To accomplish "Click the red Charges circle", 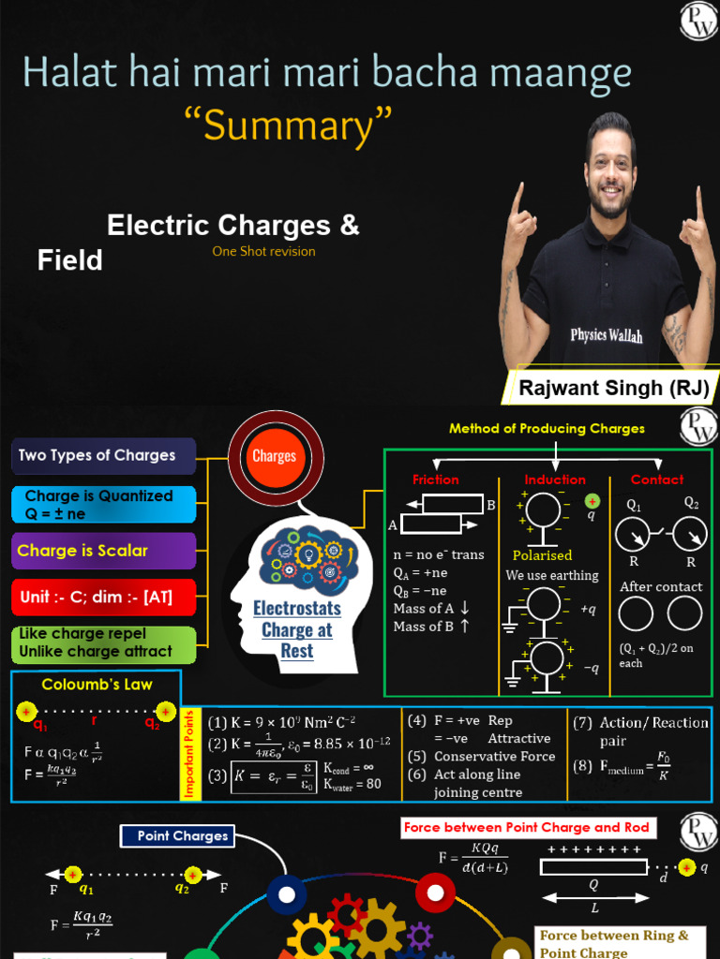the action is [275, 456].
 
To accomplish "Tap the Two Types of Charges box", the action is [103, 456].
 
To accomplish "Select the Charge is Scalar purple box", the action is [103, 551].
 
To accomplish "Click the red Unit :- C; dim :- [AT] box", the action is [103, 597].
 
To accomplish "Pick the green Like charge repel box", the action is [103, 643].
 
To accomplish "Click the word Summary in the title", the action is [296, 125].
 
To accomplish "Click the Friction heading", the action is [436, 479].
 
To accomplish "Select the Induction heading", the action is [555, 479].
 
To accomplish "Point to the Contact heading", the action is [657, 479].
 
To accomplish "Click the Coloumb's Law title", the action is [97, 685].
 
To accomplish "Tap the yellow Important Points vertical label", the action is [190, 754].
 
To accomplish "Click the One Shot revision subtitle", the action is [263, 251].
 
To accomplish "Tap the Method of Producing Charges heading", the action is [547, 429].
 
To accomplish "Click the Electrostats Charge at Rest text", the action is [296, 629].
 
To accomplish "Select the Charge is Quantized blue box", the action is [103, 505].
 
